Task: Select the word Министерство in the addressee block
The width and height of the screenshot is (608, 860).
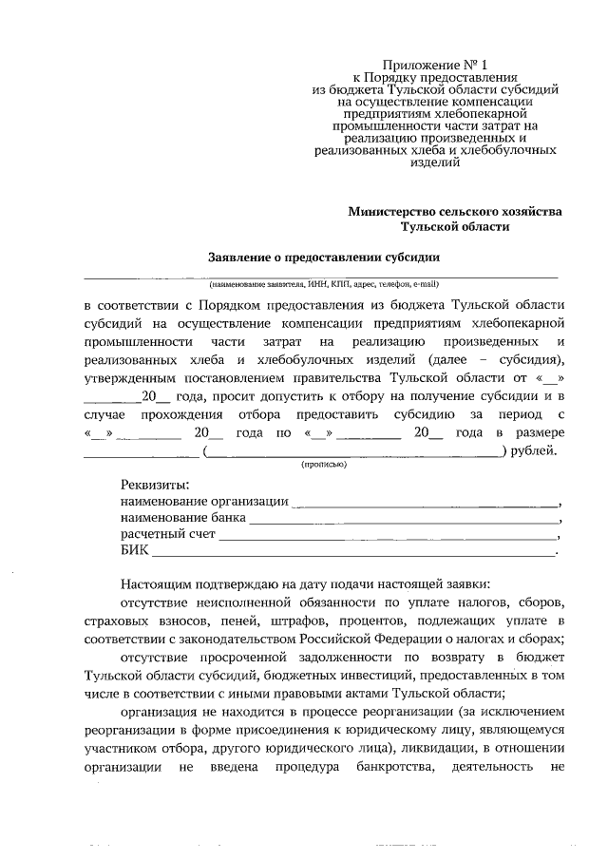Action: click(394, 212)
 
